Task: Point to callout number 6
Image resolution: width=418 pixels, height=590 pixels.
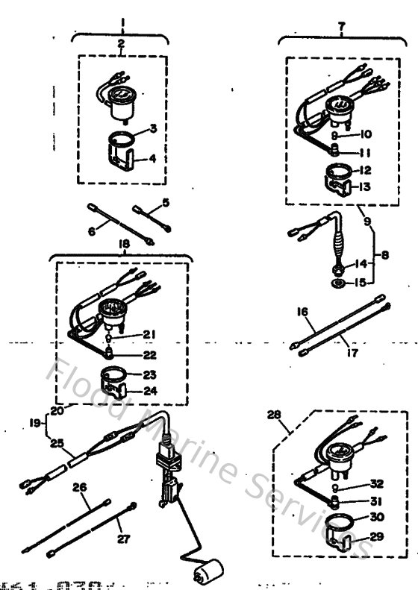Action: click(92, 232)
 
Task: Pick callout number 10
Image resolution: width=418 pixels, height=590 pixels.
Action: click(366, 135)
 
